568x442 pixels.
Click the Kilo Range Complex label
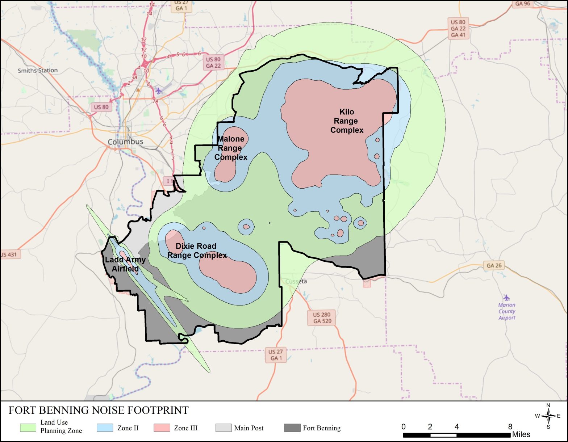pos(347,121)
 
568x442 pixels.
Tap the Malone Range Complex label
pos(231,148)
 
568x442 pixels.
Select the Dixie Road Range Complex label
pos(197,251)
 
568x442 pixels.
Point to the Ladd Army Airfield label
pos(125,264)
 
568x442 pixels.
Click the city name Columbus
pos(125,142)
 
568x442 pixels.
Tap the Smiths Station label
pos(38,70)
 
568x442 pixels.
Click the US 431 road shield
pos(9,254)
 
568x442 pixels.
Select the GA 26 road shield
pos(494,265)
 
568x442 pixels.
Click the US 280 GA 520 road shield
pos(322,317)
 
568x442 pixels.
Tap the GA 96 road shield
pos(522,4)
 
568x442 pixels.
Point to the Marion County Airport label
pos(506,311)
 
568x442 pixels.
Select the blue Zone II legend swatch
pos(105,428)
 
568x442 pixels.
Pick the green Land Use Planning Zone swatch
pos(28,428)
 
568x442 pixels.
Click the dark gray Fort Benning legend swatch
pos(292,428)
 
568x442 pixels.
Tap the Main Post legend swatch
pos(223,428)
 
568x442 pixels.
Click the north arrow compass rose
pos(548,416)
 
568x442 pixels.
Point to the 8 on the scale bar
pos(510,426)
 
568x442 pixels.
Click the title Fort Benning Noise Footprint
pos(99,410)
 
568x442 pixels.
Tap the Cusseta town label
pos(296,281)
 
